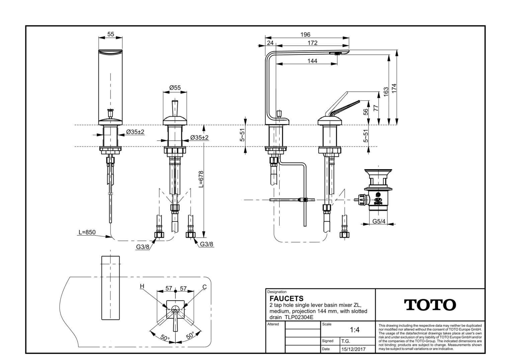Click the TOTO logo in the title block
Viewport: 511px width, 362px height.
click(430, 305)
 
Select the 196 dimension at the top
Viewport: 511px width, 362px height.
click(305, 35)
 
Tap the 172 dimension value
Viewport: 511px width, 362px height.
click(312, 43)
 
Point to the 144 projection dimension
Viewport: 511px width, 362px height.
click(312, 61)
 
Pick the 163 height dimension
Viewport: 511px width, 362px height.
click(386, 91)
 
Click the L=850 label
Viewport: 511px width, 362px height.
click(87, 232)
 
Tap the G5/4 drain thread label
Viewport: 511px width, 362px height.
click(379, 221)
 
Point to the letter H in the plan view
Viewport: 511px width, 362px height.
click(142, 286)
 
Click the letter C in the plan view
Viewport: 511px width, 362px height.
click(204, 287)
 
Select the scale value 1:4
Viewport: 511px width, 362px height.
click(354, 330)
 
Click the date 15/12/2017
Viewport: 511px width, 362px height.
click(353, 349)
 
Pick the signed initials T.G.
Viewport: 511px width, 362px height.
click(346, 341)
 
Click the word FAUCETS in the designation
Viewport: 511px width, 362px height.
click(286, 298)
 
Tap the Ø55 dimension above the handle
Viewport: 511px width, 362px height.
click(175, 88)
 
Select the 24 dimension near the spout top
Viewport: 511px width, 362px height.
click(270, 43)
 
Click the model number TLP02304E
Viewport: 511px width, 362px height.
click(299, 317)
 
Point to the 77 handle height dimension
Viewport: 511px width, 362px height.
click(375, 108)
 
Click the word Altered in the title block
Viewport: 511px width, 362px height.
click(273, 324)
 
